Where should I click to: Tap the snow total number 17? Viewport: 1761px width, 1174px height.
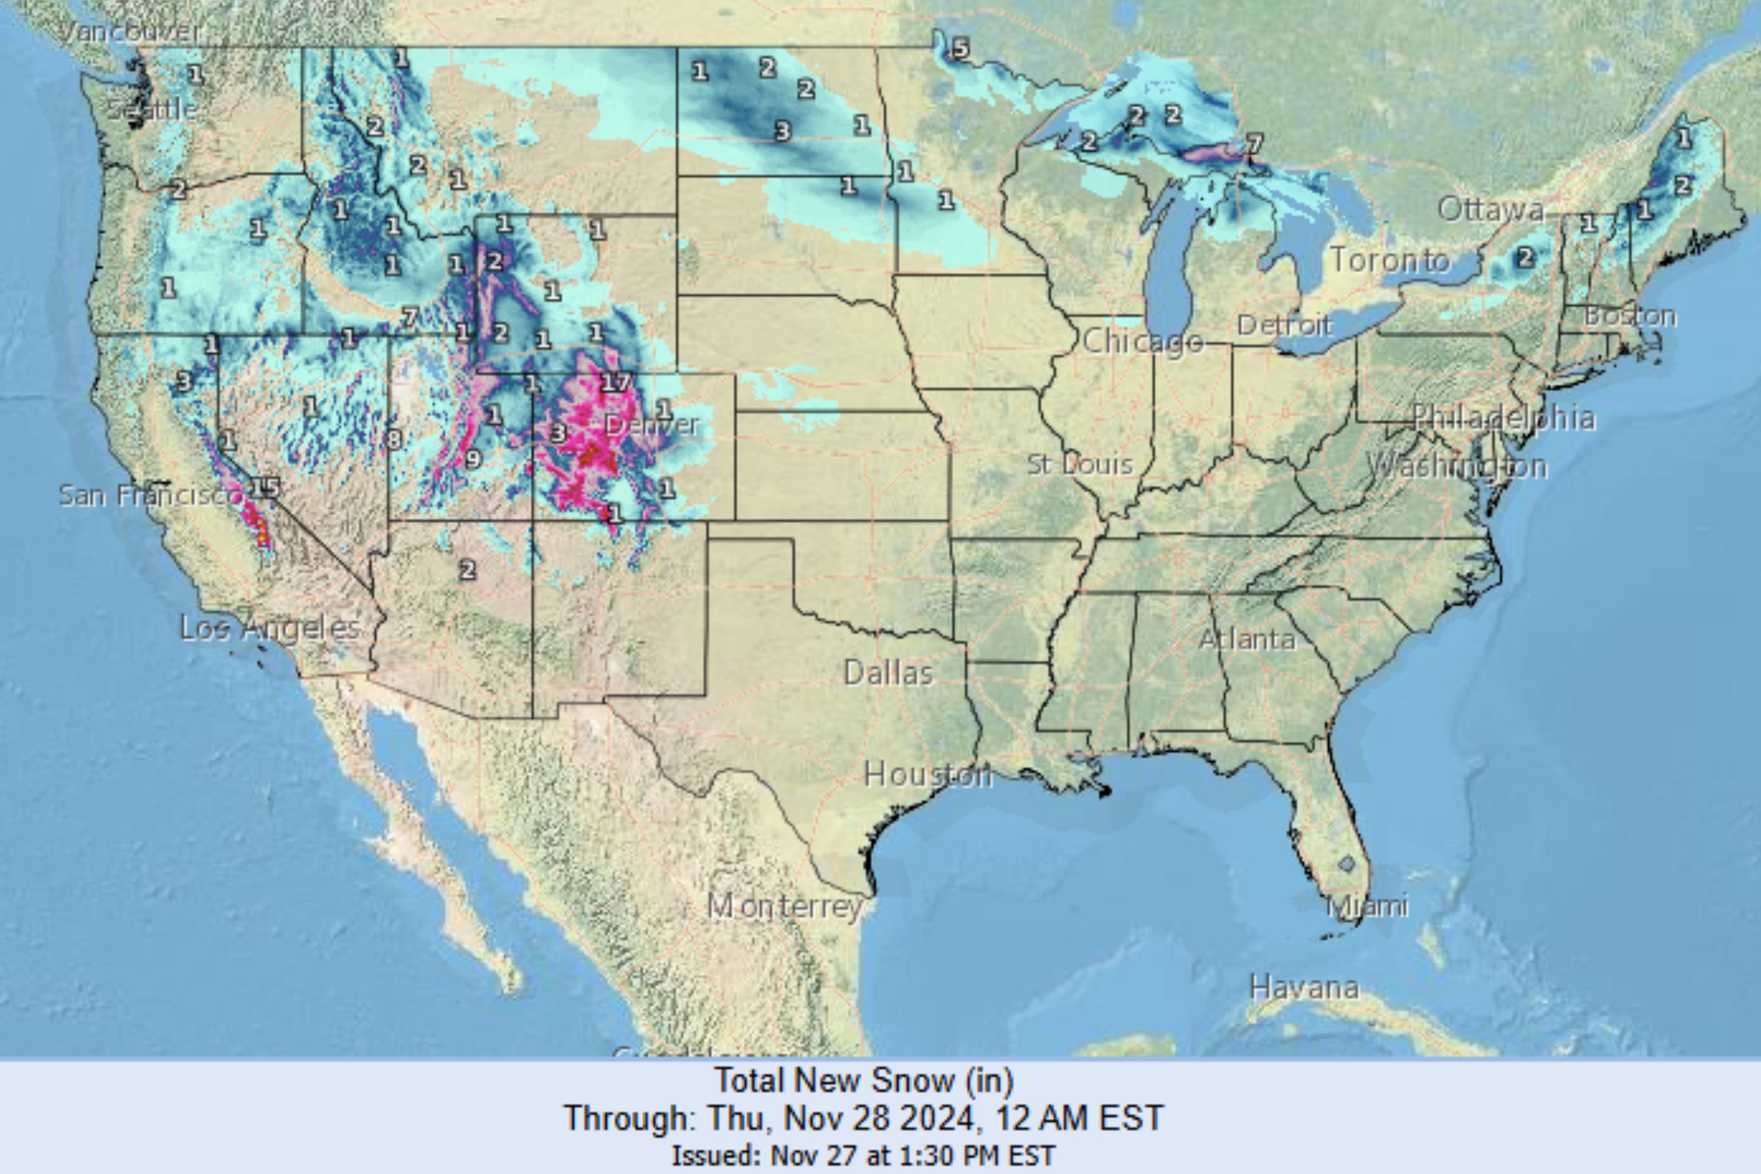click(x=615, y=383)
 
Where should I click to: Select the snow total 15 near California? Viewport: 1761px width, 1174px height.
click(x=264, y=488)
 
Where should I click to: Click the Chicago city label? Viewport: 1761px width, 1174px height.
click(x=1142, y=342)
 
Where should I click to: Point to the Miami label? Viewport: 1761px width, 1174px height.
click(x=1367, y=907)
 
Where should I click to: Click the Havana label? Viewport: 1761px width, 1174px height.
click(x=1304, y=987)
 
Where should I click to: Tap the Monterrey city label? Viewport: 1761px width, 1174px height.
click(x=785, y=907)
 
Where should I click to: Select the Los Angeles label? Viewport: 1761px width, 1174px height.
click(x=270, y=628)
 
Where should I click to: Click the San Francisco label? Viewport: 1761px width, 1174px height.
click(x=150, y=495)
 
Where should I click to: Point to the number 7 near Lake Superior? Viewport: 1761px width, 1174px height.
click(x=1254, y=143)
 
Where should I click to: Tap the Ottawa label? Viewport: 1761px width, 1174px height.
click(x=1490, y=209)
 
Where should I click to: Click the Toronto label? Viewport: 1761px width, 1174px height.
click(x=1389, y=261)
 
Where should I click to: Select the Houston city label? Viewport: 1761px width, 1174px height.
click(x=927, y=774)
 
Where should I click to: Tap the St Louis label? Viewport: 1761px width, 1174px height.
click(x=1079, y=464)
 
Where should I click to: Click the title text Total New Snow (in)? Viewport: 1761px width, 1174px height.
click(x=864, y=1081)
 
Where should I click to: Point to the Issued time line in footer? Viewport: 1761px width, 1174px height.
click(x=864, y=1155)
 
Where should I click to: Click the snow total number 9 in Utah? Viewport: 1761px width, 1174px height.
click(x=473, y=459)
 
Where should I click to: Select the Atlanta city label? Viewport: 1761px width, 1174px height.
click(x=1247, y=639)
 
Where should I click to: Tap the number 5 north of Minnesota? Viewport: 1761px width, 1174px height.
click(x=960, y=49)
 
